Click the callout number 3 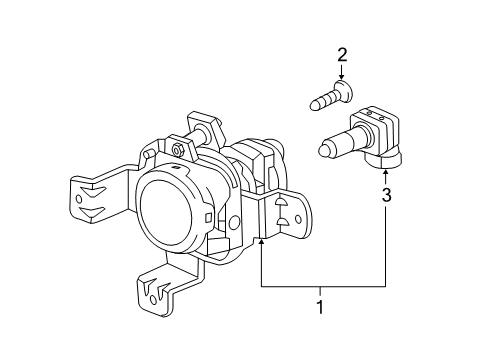tap(386, 197)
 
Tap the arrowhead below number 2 tap(341, 76)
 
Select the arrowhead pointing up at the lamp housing tap(261, 242)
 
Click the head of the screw tap(340, 93)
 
